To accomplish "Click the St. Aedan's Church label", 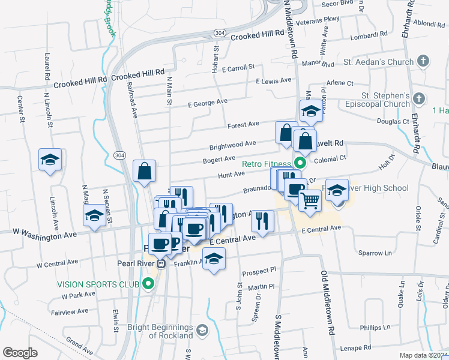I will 379,62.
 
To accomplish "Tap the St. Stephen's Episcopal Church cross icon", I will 419,97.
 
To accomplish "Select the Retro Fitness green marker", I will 299,163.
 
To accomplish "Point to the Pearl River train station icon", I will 160,263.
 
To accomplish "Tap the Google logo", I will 20,353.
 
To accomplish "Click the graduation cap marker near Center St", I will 50,159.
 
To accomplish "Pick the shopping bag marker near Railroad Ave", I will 145,171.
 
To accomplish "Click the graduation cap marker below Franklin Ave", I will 213,259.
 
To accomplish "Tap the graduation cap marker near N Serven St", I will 94,216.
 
